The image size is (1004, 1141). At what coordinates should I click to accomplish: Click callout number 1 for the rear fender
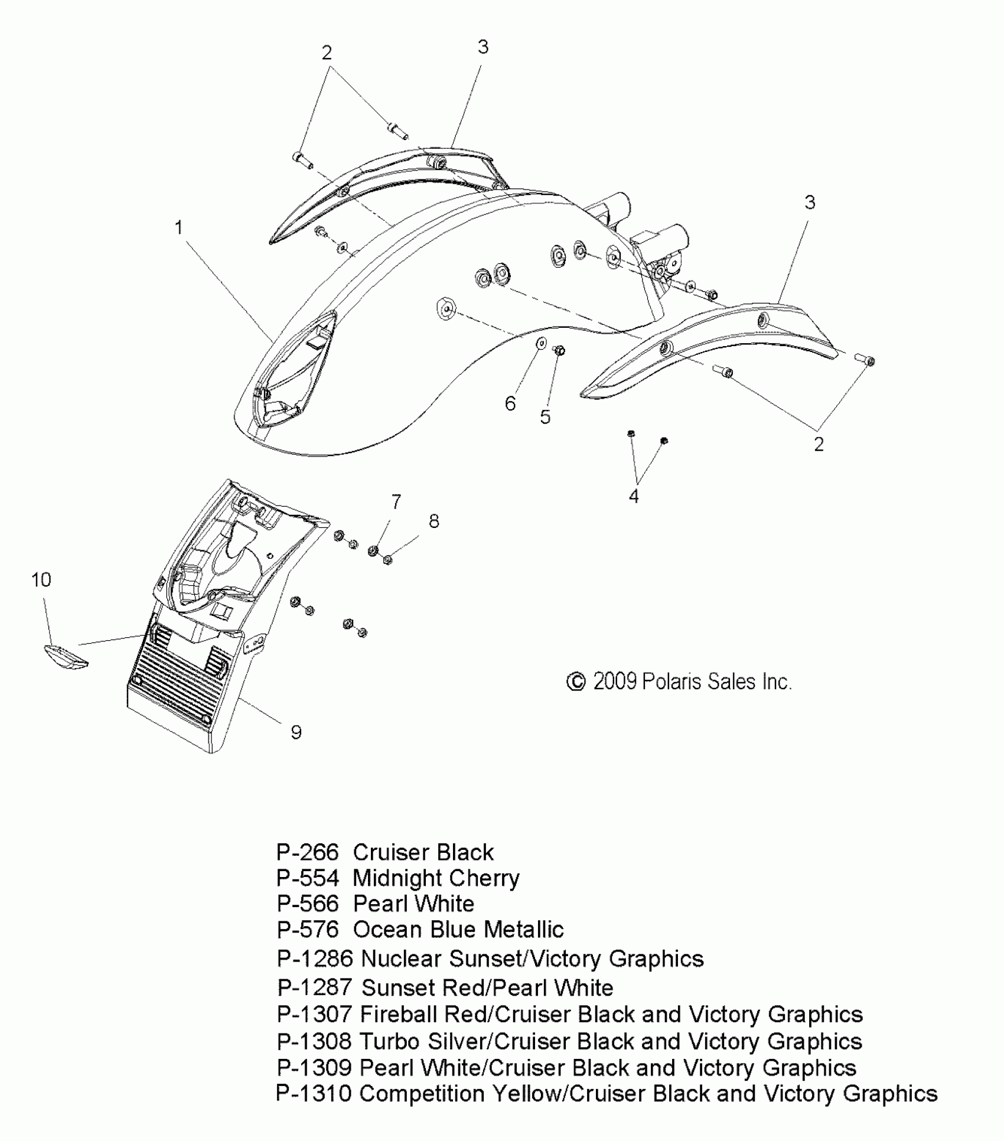click(x=179, y=227)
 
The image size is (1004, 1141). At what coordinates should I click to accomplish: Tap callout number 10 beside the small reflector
click(x=41, y=580)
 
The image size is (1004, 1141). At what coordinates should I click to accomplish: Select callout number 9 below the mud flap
click(x=296, y=732)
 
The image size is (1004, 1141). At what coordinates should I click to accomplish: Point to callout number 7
click(x=396, y=502)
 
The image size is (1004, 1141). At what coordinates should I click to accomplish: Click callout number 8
click(x=434, y=521)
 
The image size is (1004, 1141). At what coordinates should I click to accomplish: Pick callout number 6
click(x=510, y=403)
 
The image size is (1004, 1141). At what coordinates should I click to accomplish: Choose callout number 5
click(x=545, y=417)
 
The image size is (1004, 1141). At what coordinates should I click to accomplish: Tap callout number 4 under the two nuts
click(x=634, y=496)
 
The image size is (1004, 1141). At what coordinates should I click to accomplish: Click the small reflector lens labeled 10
click(x=66, y=656)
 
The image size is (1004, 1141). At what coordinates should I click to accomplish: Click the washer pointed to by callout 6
click(x=541, y=343)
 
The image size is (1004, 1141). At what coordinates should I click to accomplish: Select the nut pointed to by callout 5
click(x=559, y=351)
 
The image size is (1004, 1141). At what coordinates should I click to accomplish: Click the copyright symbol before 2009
click(x=576, y=682)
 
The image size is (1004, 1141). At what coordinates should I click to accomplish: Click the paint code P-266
click(x=308, y=853)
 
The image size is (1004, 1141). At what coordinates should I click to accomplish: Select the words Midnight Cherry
click(x=436, y=879)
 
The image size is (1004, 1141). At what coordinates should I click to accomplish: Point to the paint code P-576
click(x=308, y=930)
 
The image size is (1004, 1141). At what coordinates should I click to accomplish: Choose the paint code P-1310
click(x=314, y=1093)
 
